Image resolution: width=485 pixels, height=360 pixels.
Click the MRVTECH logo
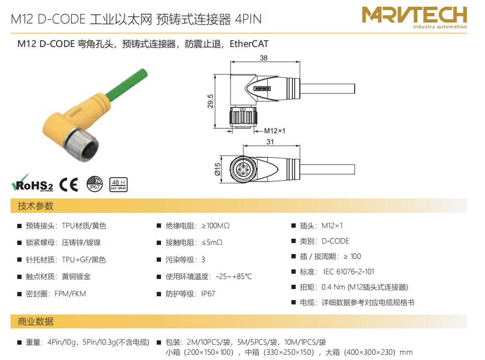coord(414,18)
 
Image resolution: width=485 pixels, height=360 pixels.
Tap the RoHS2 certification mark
coord(32,184)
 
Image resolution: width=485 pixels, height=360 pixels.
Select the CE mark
coord(69,185)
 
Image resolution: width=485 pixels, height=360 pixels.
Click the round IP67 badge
coord(94,184)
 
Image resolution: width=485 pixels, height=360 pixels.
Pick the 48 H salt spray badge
coord(118,185)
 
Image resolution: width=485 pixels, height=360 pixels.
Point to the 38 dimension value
coord(264,58)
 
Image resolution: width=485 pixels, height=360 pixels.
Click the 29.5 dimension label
coord(210,101)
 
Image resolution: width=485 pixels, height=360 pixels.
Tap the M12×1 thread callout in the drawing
coord(274,131)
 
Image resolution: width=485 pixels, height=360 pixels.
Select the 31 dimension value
coord(270,141)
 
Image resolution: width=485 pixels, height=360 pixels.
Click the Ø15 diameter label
coord(218,169)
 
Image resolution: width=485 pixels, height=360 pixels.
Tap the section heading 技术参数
coord(35,206)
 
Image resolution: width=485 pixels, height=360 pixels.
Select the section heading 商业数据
coord(35,322)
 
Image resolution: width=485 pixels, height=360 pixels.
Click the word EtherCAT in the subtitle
coord(249,44)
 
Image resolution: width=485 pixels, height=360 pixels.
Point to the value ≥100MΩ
coord(216,226)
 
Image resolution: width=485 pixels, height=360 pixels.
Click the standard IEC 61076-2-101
coord(348,271)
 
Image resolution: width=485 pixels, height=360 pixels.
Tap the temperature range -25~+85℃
coord(234,277)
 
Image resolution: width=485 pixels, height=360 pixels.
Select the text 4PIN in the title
coord(248,19)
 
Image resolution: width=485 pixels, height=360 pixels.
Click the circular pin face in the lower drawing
coord(243,169)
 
